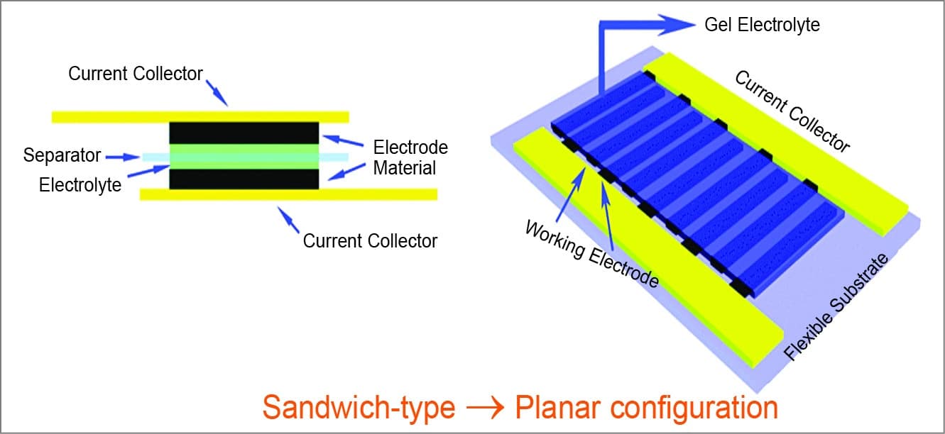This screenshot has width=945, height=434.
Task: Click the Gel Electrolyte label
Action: click(x=762, y=25)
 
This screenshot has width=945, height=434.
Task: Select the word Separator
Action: click(x=62, y=155)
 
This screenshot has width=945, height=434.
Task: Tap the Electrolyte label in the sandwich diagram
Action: click(x=80, y=185)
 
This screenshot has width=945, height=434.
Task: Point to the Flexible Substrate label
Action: click(x=837, y=306)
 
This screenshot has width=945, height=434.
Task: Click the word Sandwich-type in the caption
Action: click(x=358, y=408)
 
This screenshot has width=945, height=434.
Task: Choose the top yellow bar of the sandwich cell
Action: click(x=200, y=116)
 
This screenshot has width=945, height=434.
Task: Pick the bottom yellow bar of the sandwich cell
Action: click(x=288, y=194)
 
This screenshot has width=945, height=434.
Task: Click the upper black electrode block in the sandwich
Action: click(x=244, y=133)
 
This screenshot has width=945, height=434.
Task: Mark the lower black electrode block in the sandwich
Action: click(x=244, y=179)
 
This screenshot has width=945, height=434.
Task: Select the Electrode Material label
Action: click(x=410, y=157)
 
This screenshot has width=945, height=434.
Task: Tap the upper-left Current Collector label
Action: click(x=136, y=74)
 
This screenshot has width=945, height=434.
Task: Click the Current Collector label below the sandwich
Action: click(x=370, y=241)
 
